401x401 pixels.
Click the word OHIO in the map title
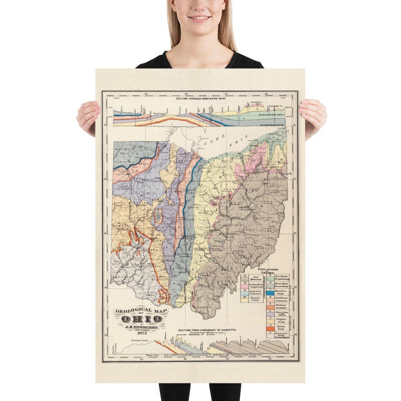click(142, 319)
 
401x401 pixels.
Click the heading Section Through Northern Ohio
click(199, 97)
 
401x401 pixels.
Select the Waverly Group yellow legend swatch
click(244, 299)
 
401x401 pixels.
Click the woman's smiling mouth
click(200, 18)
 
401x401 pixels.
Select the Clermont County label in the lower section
click(139, 341)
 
